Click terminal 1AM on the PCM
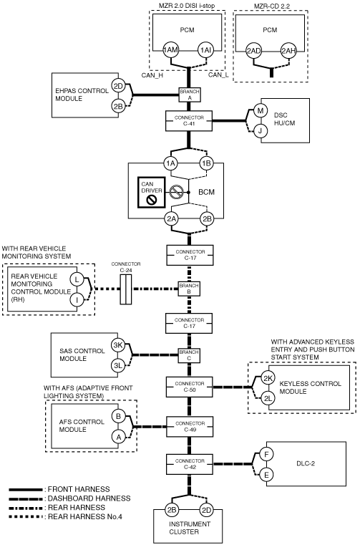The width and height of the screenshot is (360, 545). [170, 50]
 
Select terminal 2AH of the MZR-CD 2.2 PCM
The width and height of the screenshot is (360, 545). [288, 51]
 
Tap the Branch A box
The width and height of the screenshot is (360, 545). [190, 95]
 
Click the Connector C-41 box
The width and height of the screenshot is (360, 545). [189, 120]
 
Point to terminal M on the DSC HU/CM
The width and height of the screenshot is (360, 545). [261, 111]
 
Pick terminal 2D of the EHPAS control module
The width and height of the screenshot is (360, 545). [119, 86]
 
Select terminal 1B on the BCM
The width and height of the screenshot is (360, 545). [207, 163]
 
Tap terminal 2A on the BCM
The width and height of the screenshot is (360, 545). [171, 219]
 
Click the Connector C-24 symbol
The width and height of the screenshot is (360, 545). [126, 289]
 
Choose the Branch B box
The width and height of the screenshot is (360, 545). [189, 289]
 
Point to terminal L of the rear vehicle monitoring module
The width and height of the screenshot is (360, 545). [77, 279]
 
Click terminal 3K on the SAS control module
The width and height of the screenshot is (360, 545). [119, 345]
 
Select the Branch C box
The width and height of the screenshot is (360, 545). [189, 355]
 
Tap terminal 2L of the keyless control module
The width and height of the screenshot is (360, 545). [268, 398]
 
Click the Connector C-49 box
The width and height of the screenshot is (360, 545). [190, 427]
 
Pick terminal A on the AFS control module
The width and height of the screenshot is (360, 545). [119, 437]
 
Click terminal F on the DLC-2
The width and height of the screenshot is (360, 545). [266, 454]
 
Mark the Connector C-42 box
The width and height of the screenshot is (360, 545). [190, 464]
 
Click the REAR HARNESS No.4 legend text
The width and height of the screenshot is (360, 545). [85, 517]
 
